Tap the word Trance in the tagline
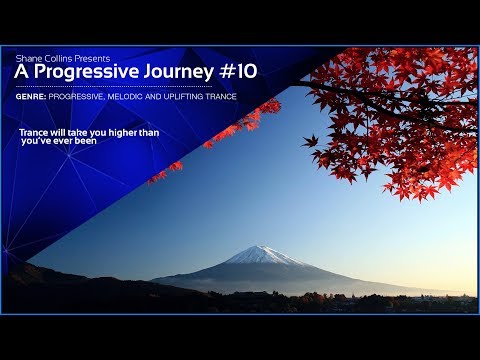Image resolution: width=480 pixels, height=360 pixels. [x=34, y=131]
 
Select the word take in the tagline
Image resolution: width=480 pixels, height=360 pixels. [x=79, y=131]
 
